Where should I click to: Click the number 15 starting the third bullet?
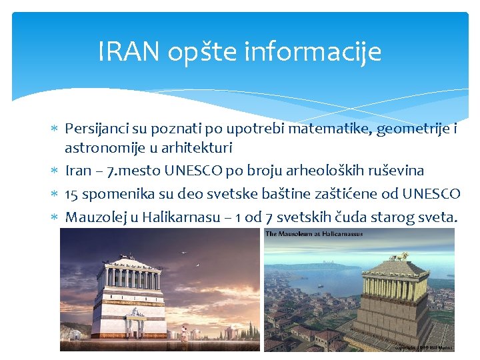(72, 194)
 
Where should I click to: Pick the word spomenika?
(111, 194)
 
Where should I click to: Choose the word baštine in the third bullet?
(304, 194)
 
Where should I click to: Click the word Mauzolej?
(93, 217)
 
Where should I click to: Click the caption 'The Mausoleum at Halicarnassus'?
(314, 234)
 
